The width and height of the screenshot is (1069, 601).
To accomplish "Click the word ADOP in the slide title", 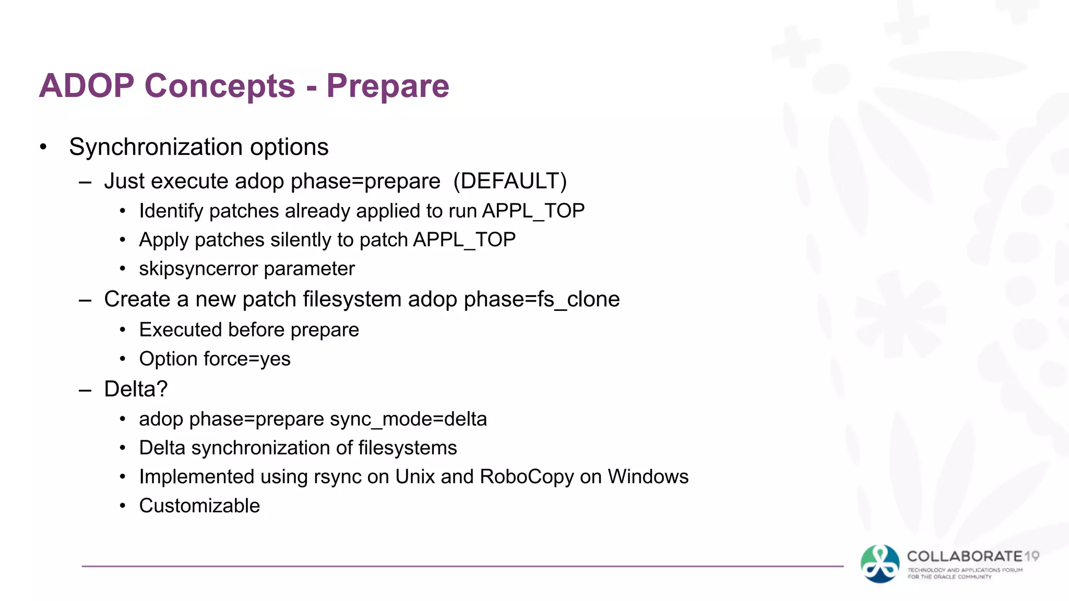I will [x=87, y=86].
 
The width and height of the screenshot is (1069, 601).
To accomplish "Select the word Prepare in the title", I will [x=387, y=86].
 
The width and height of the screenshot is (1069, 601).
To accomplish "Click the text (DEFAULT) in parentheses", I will [x=509, y=181].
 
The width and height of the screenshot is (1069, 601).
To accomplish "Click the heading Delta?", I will [x=136, y=389].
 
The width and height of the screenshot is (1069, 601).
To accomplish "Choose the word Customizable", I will [x=199, y=506].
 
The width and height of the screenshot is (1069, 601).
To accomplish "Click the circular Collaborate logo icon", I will [x=880, y=563].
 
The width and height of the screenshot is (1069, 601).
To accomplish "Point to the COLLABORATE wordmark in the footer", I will [x=965, y=557].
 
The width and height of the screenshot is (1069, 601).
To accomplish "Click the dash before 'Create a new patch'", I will [x=85, y=300].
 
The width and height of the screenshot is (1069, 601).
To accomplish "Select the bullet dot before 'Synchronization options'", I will [x=43, y=147].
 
